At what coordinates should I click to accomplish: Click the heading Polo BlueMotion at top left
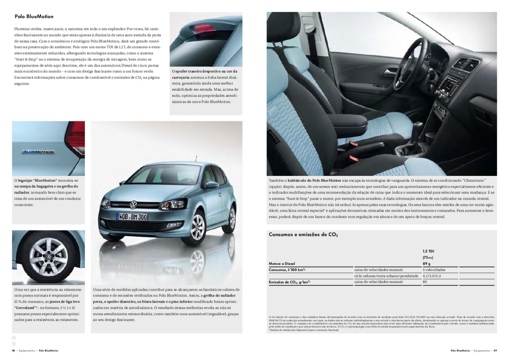[34, 16]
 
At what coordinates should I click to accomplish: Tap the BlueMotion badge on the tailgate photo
[38, 152]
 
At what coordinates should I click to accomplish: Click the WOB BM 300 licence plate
[132, 216]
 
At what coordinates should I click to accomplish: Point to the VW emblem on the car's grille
[133, 205]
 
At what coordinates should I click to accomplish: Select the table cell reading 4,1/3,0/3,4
[432, 276]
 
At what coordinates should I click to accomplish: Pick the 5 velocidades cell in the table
[434, 270]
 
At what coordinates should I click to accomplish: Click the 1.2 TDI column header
[428, 251]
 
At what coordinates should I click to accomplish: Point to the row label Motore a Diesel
[282, 264]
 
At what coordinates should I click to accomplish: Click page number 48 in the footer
[14, 350]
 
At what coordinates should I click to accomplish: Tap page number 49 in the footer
[495, 350]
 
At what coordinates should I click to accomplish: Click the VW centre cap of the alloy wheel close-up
[48, 257]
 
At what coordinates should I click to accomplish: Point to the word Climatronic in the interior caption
[473, 180]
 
